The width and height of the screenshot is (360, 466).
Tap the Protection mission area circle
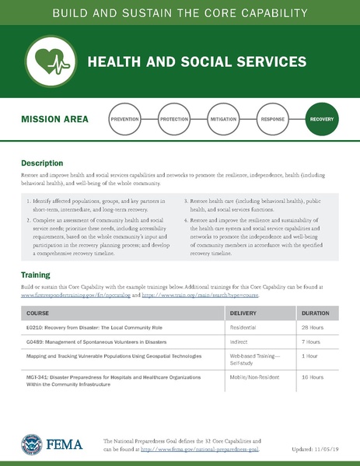coord(173,119)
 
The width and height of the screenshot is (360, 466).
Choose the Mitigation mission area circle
coord(223,119)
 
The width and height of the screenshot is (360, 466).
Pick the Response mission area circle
coord(272,119)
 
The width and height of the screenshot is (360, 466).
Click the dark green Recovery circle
coord(322,119)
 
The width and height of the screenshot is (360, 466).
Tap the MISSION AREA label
coord(54,120)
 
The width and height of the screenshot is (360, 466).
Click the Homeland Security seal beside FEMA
coord(32,445)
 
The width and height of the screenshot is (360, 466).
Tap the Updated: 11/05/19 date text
coord(315,450)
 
